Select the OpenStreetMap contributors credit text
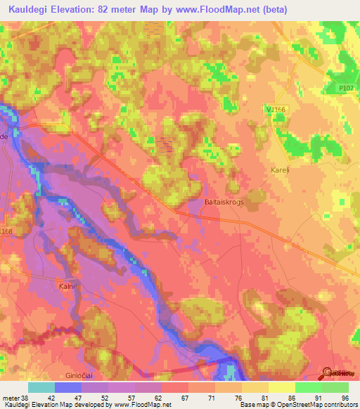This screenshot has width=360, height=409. [316, 404]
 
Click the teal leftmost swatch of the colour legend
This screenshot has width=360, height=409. [41, 387]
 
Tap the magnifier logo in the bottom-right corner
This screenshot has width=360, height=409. [328, 373]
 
